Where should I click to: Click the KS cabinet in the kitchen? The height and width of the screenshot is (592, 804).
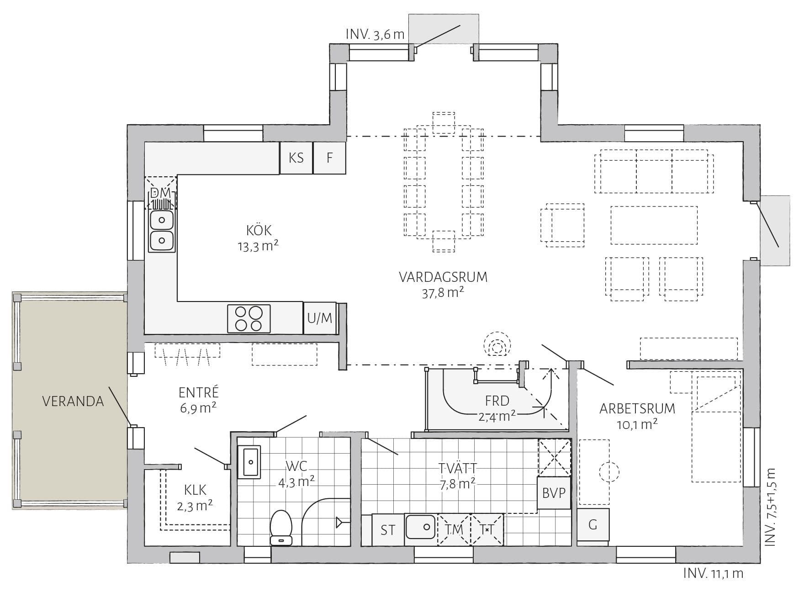(x=296, y=158)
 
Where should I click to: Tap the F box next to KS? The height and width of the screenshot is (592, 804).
(x=329, y=158)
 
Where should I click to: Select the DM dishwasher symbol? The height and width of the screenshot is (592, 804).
(x=160, y=193)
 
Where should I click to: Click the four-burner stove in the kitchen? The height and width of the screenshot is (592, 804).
(x=249, y=318)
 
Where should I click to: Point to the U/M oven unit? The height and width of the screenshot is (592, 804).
(x=320, y=318)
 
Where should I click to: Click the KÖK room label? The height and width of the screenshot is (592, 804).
(x=259, y=230)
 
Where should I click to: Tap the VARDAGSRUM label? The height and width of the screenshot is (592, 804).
(x=443, y=277)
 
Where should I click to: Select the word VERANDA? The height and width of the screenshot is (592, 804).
(x=73, y=401)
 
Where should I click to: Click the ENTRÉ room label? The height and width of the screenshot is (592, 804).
(x=199, y=392)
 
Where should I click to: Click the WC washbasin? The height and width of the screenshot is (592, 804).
(x=249, y=462)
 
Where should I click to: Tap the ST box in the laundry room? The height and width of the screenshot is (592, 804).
(x=388, y=530)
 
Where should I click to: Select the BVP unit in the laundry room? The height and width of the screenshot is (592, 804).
(x=554, y=493)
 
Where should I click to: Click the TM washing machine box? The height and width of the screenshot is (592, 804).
(x=454, y=530)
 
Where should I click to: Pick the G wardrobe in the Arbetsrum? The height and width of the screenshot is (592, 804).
(x=593, y=525)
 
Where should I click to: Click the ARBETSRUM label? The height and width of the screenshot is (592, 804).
(x=637, y=408)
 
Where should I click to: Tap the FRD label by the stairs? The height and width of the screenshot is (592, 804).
(x=497, y=401)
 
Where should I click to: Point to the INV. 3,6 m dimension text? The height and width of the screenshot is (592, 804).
(x=375, y=35)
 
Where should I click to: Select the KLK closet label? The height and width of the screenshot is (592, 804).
(x=195, y=491)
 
